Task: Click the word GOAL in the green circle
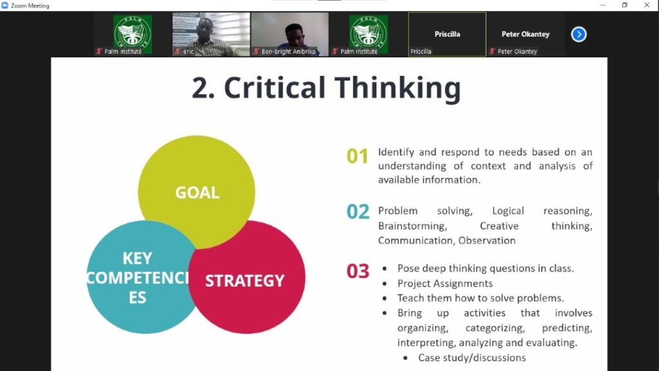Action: click(197, 192)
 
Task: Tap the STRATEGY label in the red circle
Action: click(245, 281)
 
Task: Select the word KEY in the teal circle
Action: click(138, 258)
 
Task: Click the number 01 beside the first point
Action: click(357, 156)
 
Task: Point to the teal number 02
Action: click(358, 211)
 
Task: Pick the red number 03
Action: click(358, 271)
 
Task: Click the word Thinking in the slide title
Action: click(398, 88)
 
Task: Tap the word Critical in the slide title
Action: click(275, 88)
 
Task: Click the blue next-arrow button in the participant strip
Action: click(579, 34)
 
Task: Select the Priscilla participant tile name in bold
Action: click(447, 34)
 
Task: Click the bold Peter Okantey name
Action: click(525, 34)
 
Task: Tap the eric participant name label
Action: click(189, 52)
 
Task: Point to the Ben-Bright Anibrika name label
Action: click(288, 52)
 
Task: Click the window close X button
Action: click(647, 5)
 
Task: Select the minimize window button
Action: click(603, 5)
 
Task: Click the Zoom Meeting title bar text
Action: click(30, 5)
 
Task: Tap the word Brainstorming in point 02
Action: click(413, 226)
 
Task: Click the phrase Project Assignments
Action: click(445, 283)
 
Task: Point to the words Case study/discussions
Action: click(472, 357)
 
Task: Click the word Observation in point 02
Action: click(487, 241)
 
